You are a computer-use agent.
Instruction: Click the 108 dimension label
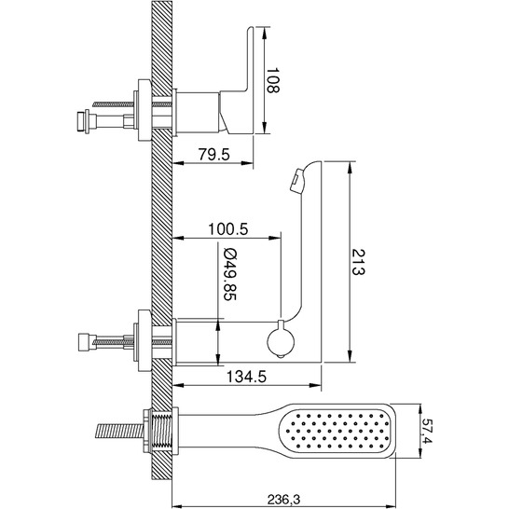(272, 80)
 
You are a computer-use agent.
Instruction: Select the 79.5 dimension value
(213, 154)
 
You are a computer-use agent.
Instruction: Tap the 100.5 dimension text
(227, 228)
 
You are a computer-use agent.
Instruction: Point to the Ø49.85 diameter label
(230, 275)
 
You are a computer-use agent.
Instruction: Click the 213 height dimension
(358, 262)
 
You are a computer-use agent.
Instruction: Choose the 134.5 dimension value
(246, 377)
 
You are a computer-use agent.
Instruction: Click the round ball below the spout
(281, 342)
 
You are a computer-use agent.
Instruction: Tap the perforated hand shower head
(337, 431)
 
